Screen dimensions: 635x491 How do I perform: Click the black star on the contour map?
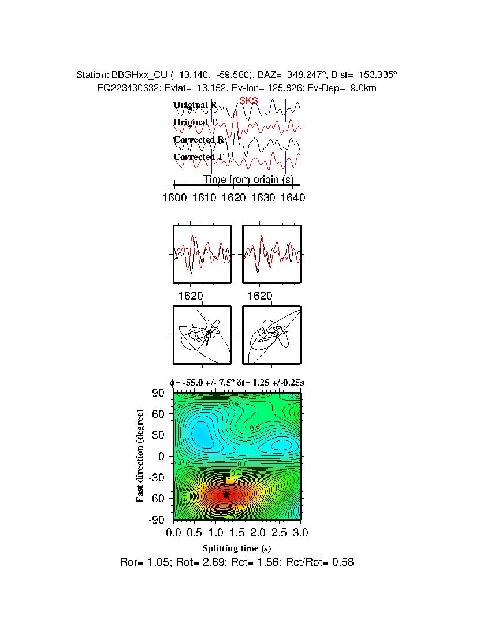point(226,495)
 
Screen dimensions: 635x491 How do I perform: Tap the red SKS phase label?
point(248,101)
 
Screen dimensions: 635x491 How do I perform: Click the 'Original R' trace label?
point(195,105)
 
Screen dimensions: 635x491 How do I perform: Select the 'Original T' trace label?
point(195,122)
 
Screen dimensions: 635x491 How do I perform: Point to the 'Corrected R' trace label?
point(198,140)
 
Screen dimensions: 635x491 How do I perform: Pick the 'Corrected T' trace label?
point(198,157)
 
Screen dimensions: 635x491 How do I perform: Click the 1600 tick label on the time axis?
point(175,197)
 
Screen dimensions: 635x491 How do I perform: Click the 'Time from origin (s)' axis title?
point(249,180)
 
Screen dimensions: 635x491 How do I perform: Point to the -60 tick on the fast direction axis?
point(157,499)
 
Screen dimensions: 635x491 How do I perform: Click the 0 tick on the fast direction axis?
point(162,457)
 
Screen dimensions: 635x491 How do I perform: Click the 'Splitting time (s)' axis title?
point(237,548)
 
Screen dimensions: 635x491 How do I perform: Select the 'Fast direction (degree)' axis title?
point(140,456)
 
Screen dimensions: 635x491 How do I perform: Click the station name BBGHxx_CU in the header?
point(139,75)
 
